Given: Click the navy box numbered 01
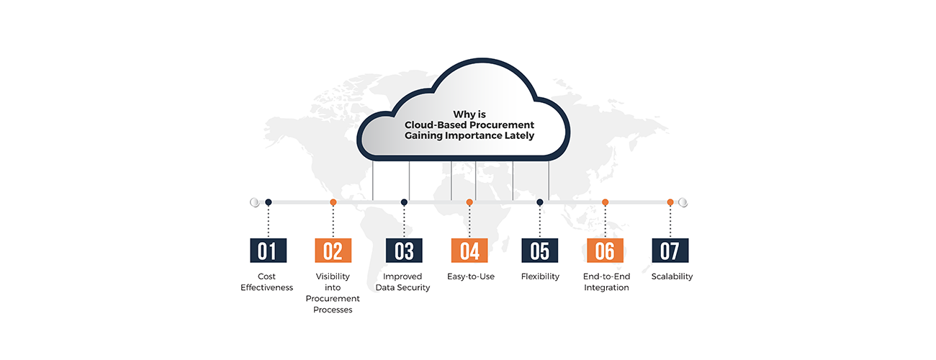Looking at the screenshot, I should pyautogui.click(x=268, y=251).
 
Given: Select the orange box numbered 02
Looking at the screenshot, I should pyautogui.click(x=333, y=251).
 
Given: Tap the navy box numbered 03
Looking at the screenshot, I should pyautogui.click(x=404, y=251).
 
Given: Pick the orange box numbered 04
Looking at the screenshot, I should pyautogui.click(x=469, y=251).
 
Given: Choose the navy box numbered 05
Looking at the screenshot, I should pyautogui.click(x=540, y=251).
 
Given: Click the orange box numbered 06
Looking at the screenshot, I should pyautogui.click(x=605, y=251).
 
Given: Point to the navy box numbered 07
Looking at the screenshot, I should pyautogui.click(x=670, y=251).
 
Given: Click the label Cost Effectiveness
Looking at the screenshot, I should pyautogui.click(x=267, y=282).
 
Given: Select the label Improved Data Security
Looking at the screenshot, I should pyautogui.click(x=402, y=282).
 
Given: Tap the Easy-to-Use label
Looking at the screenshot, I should pyautogui.click(x=470, y=276).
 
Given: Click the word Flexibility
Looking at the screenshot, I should pyautogui.click(x=540, y=276).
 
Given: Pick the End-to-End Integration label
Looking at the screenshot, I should pyautogui.click(x=606, y=282).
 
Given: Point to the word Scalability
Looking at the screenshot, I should pyautogui.click(x=672, y=276).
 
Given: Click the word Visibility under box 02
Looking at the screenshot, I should pyautogui.click(x=333, y=276).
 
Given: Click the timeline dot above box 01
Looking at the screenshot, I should pyautogui.click(x=269, y=203).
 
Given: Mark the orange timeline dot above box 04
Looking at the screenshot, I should pyautogui.click(x=469, y=203).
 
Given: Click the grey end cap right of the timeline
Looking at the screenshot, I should pyautogui.click(x=683, y=203).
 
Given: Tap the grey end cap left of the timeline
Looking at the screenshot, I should pyautogui.click(x=254, y=203).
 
